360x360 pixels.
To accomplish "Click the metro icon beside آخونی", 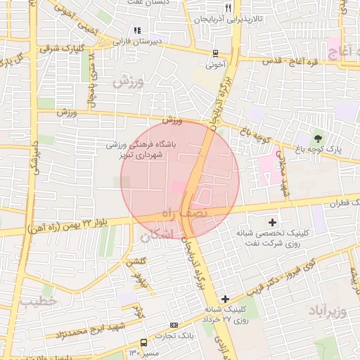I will pos(215,52).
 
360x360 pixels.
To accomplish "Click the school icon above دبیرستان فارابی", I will pos(138,30).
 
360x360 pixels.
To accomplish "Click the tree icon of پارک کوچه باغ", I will pos(319,138).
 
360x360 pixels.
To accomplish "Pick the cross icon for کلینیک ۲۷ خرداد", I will pos(225,299).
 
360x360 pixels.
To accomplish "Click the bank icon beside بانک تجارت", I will pos(174,325).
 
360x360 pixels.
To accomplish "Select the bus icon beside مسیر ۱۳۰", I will pos(143,342).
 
